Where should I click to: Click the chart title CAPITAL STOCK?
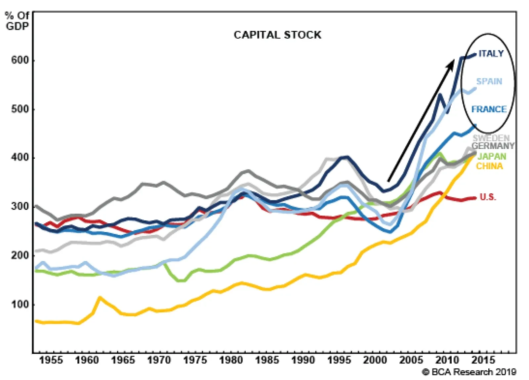click(x=277, y=35)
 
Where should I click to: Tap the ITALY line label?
click(x=491, y=54)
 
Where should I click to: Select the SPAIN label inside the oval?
click(x=489, y=81)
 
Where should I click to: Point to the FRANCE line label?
click(x=489, y=109)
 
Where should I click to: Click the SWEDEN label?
click(x=491, y=138)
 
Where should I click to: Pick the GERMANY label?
click(x=493, y=146)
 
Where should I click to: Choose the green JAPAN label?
click(x=492, y=156)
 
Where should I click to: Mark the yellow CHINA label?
click(x=489, y=166)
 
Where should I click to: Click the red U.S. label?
click(x=488, y=197)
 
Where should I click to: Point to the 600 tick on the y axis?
click(x=20, y=60)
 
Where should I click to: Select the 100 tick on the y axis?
click(x=20, y=304)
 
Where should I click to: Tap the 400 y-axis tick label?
click(x=20, y=157)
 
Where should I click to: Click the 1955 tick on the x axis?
click(x=51, y=360)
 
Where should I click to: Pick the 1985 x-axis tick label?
click(x=267, y=360)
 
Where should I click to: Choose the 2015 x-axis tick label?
click(x=483, y=360)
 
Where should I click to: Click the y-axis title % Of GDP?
click(x=17, y=21)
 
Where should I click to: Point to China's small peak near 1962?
click(x=100, y=297)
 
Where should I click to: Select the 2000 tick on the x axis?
click(x=375, y=360)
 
